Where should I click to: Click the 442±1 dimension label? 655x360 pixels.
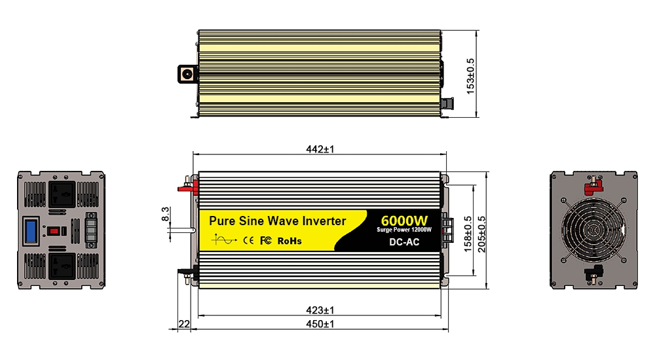click(320, 149)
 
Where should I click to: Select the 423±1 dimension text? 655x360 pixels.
click(320, 310)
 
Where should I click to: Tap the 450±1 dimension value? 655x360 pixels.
click(320, 323)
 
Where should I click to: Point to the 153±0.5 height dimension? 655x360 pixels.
click(470, 76)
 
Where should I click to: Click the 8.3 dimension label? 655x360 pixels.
click(166, 214)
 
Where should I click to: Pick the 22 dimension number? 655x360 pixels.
click(184, 324)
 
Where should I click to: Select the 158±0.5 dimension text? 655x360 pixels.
click(468, 234)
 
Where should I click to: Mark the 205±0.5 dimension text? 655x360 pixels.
click(481, 234)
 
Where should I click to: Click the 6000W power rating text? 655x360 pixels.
click(404, 221)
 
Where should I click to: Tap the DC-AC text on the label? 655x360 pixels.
click(404, 242)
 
